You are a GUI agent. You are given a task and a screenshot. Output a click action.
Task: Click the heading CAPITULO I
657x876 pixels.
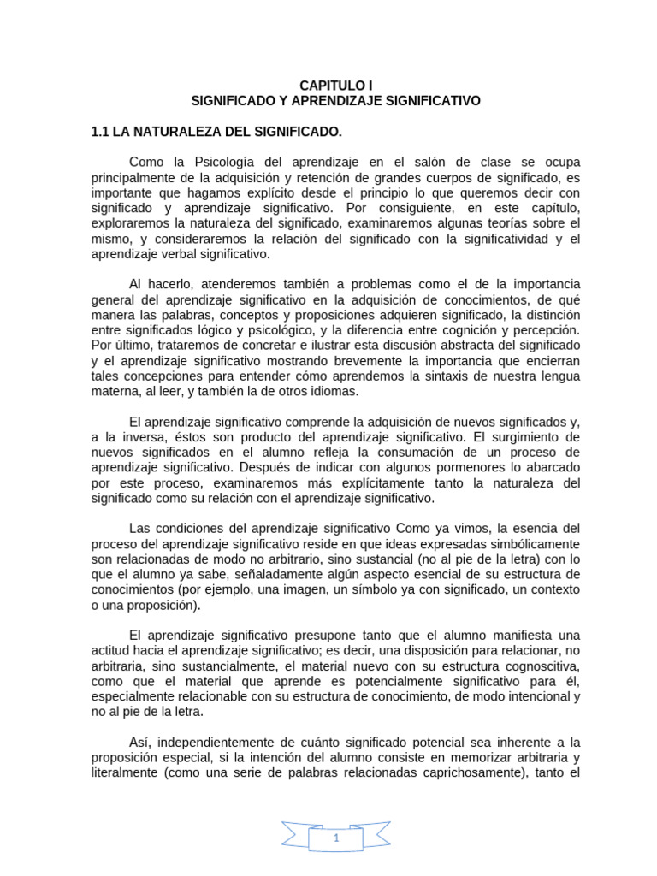tap(336, 85)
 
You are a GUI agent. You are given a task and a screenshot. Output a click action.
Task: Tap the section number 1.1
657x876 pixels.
tap(101, 132)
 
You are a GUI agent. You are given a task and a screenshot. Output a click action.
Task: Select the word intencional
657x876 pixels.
tap(521, 696)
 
